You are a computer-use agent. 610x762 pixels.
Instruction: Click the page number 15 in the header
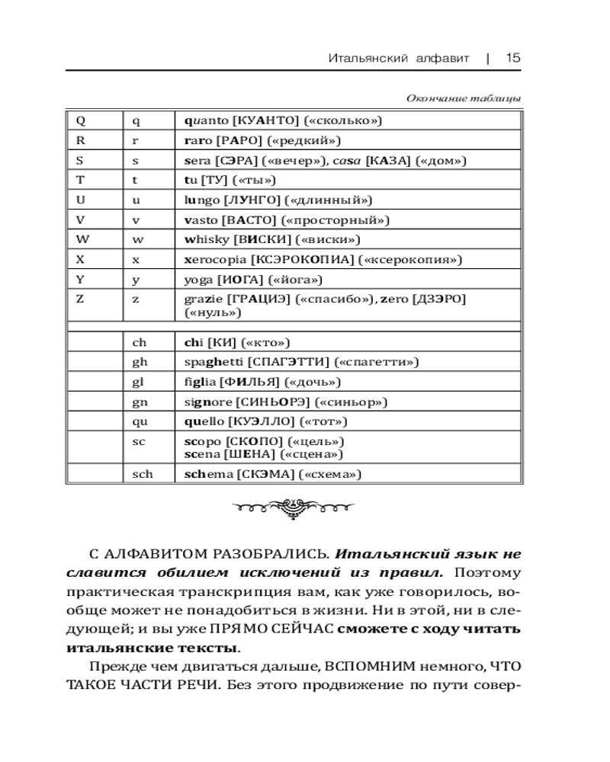pos(512,58)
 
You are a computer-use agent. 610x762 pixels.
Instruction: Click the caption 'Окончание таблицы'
pos(464,98)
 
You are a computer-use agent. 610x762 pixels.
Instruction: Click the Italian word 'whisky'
pos(206,240)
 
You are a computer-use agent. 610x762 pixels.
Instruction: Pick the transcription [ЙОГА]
pos(240,280)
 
